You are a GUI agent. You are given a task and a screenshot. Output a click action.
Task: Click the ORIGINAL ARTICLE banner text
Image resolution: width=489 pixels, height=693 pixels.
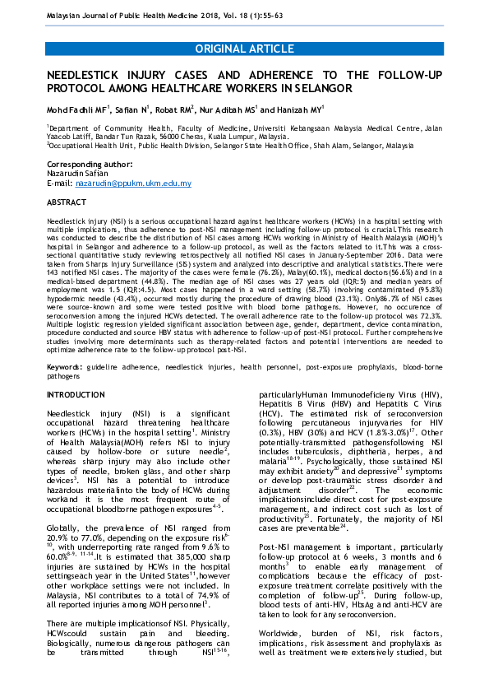coord(244,49)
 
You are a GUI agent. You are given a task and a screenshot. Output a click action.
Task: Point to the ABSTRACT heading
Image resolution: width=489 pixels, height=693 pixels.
coord(67,202)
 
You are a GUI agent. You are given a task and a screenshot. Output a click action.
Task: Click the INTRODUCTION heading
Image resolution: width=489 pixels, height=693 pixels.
coord(76,396)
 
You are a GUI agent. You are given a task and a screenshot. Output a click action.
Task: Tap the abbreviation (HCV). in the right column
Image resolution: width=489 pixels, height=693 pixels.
coord(272,435)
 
